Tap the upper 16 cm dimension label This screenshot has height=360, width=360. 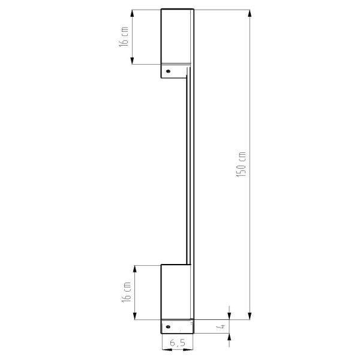coord(125,37)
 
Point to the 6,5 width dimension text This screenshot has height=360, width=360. coord(177,344)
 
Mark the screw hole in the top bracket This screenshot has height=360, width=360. coord(169,71)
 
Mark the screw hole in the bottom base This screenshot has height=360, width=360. coord(169,327)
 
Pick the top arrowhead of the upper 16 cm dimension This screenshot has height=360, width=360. coord(132,12)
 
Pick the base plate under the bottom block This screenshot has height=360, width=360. coord(176,326)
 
